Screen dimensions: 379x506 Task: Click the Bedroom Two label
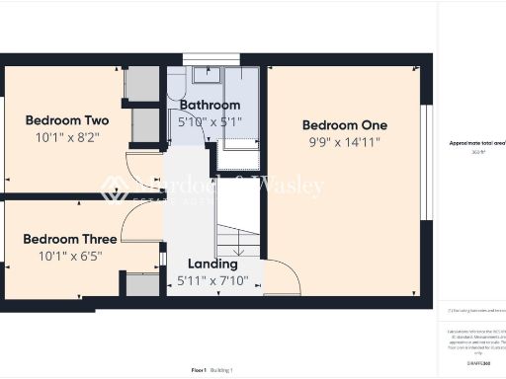click(67, 120)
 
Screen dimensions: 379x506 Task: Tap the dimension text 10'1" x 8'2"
click(67, 137)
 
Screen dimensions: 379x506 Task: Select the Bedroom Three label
click(69, 239)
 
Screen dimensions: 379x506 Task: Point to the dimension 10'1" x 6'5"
click(69, 256)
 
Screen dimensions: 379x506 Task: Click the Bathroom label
click(210, 105)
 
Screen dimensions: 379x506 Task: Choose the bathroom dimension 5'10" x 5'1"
click(210, 120)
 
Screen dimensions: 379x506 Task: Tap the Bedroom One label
click(344, 125)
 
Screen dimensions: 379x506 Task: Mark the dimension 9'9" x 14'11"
click(344, 142)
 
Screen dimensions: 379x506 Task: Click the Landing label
click(212, 264)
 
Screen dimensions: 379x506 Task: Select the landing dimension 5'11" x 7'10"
click(212, 280)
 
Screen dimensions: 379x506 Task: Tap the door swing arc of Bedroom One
click(282, 274)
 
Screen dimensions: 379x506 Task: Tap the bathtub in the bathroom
click(242, 109)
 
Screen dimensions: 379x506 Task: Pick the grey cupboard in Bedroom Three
click(143, 284)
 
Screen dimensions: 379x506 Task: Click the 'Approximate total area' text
click(471, 143)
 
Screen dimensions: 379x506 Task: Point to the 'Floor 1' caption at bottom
click(198, 369)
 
